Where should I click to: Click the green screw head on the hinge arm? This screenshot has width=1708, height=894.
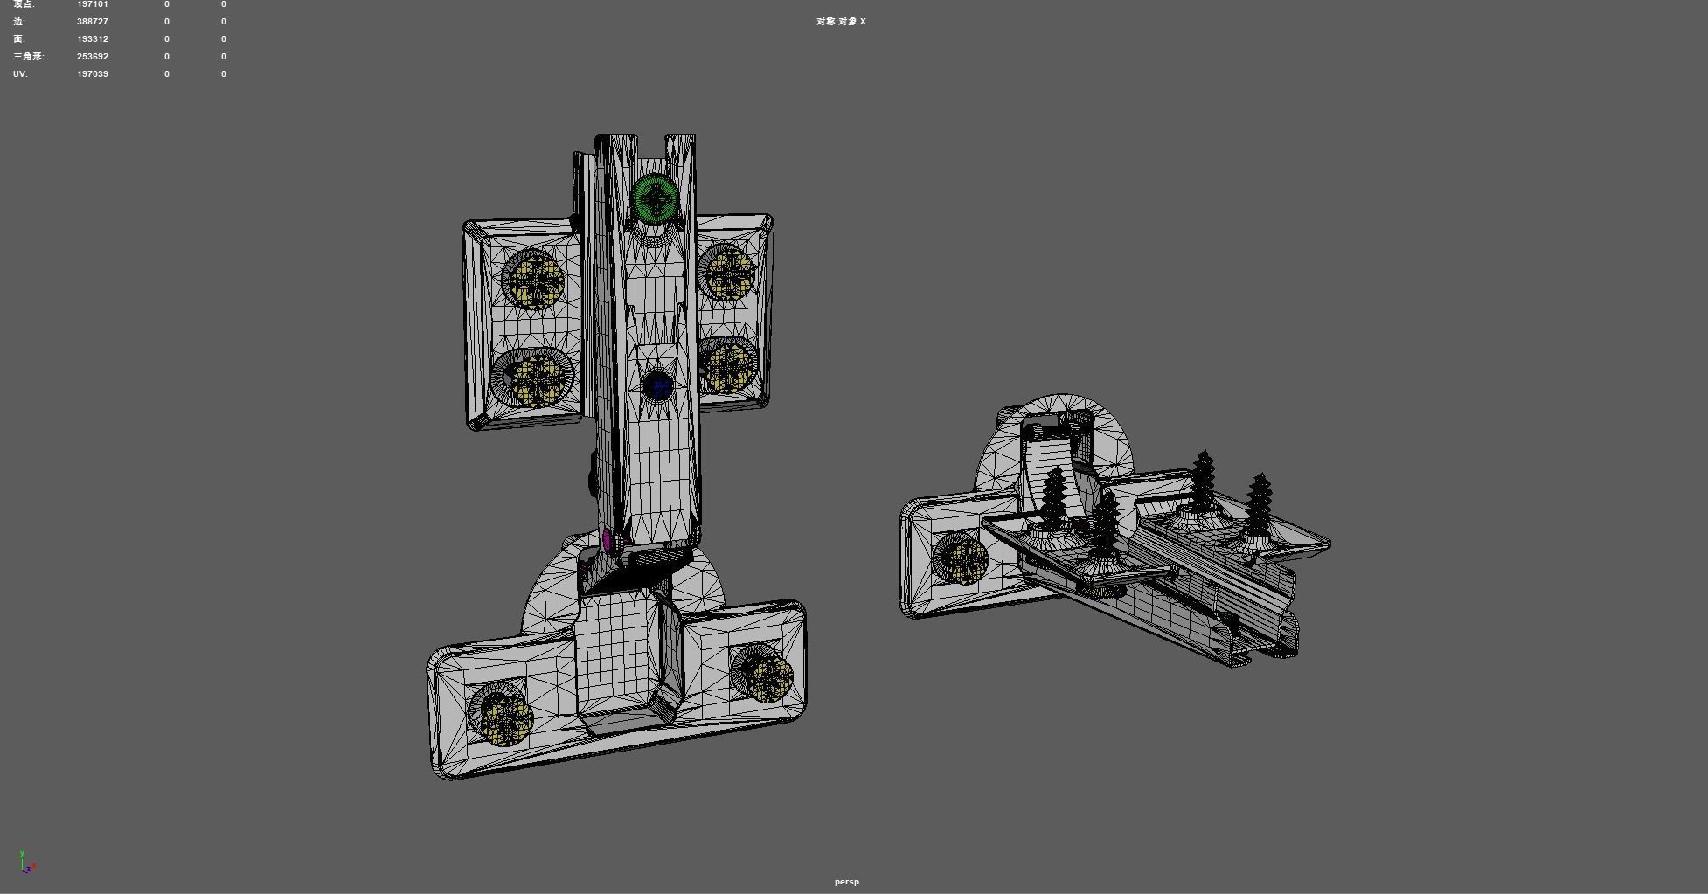656,198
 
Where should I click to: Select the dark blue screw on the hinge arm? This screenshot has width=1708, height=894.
658,386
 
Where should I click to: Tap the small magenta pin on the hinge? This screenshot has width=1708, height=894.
607,540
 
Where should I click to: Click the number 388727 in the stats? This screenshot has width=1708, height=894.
93,21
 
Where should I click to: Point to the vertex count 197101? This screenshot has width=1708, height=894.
93,4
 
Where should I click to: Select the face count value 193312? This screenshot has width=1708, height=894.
93,38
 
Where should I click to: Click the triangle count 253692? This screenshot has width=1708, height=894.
93,56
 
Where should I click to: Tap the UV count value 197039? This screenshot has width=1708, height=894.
93,73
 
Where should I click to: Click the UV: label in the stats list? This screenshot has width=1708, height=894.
21,73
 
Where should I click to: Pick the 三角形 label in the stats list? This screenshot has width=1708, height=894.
28,56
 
